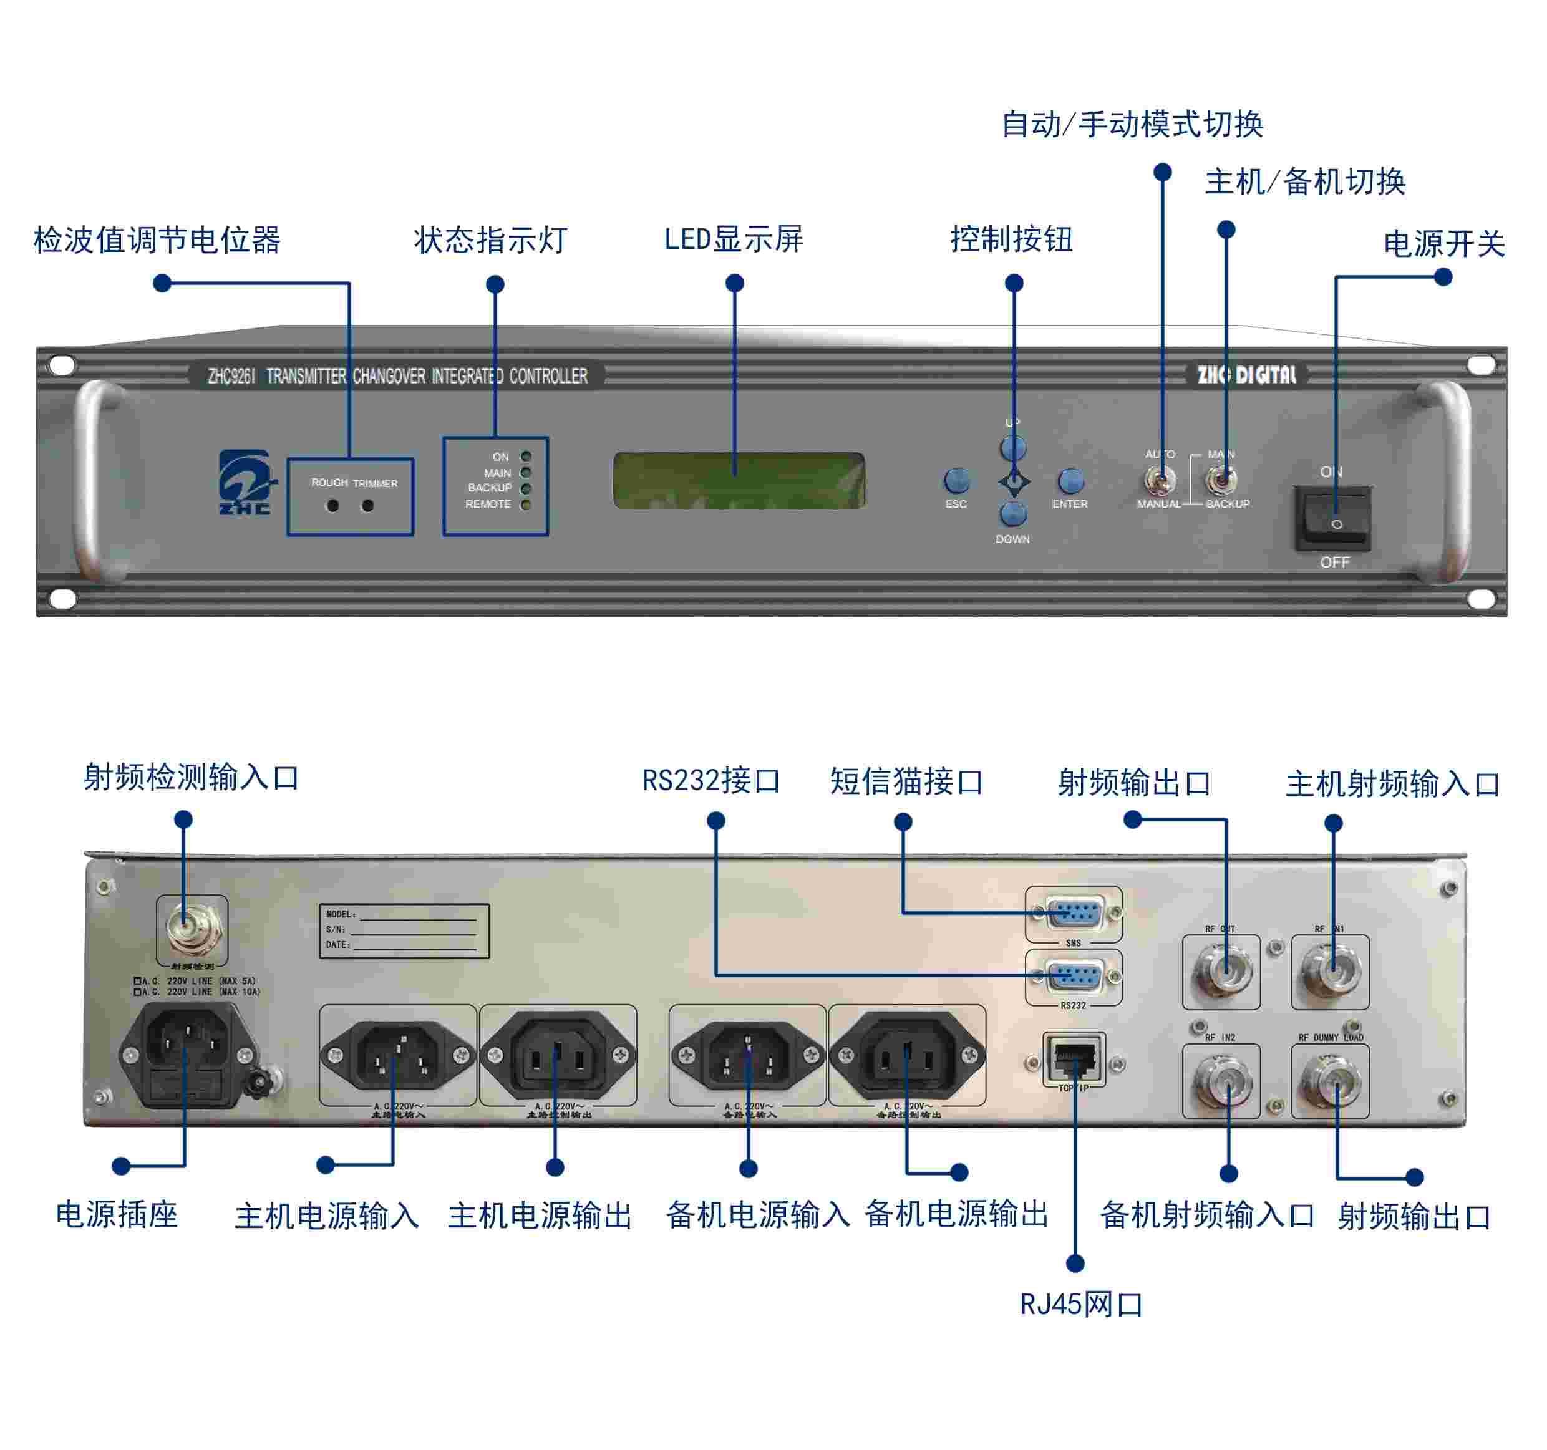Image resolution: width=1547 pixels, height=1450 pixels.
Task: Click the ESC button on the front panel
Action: point(956,481)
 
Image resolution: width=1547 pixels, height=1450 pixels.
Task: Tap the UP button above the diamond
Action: point(1012,448)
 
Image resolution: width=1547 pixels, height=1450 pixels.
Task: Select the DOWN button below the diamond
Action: point(1012,513)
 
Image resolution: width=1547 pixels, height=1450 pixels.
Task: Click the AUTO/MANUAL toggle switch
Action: point(1160,481)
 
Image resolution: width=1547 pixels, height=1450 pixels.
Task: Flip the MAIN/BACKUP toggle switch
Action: point(1221,481)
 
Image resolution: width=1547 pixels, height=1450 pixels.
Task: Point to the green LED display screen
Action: point(739,481)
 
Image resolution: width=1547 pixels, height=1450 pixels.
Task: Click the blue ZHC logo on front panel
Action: point(245,482)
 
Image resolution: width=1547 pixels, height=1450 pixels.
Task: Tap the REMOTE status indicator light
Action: point(526,505)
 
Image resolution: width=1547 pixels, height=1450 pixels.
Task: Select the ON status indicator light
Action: point(526,457)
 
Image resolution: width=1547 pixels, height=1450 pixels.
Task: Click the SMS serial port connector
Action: point(1074,912)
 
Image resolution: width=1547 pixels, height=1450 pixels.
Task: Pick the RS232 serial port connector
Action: point(1074,975)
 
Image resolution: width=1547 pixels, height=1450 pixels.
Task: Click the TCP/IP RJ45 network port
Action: point(1074,1058)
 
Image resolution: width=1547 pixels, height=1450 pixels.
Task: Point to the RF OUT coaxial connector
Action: point(1221,971)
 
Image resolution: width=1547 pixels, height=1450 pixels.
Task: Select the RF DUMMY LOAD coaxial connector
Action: point(1330,1081)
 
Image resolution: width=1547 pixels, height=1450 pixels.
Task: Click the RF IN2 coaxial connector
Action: point(1221,1081)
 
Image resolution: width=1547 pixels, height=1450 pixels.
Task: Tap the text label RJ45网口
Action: point(1081,1305)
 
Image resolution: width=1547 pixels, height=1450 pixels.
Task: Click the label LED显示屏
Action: point(733,239)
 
